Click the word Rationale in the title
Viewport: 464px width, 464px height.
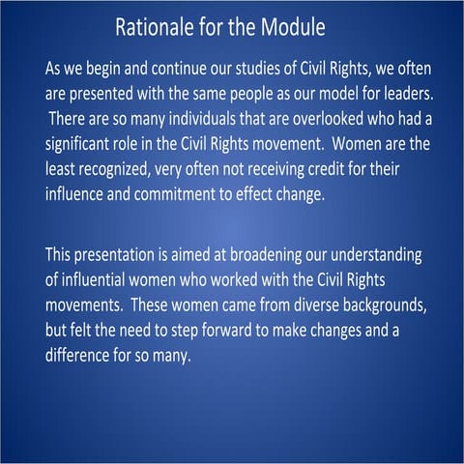coord(157,26)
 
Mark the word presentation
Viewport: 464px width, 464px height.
coord(125,257)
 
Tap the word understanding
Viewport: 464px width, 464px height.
coord(379,257)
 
